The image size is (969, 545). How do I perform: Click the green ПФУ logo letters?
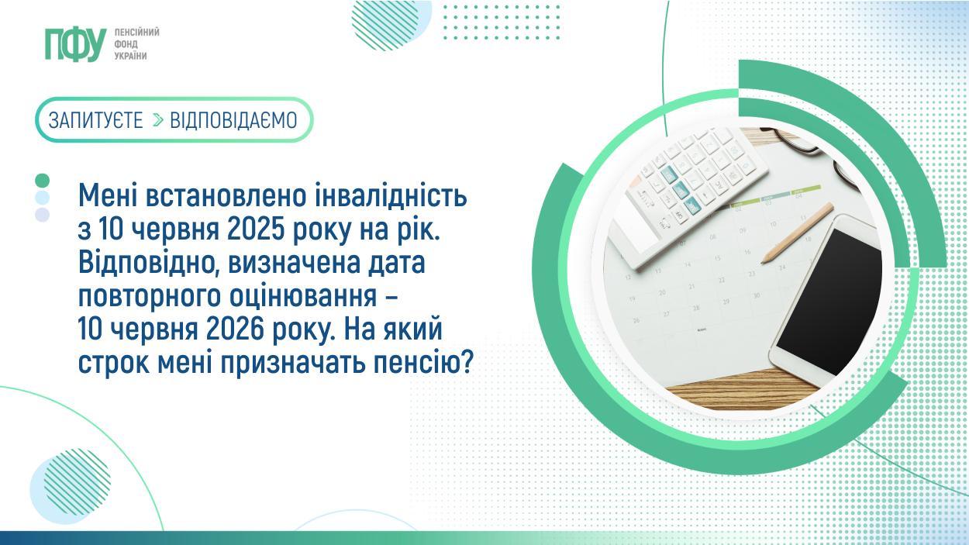tap(74, 44)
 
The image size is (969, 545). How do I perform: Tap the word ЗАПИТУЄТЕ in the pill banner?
tap(96, 120)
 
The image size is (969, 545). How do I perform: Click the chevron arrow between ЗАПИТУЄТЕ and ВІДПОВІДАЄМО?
tap(157, 120)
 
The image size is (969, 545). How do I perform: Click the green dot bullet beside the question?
tap(43, 181)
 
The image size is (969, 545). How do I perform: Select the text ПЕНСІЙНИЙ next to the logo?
tap(136, 32)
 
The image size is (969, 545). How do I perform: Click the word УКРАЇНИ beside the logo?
tap(130, 56)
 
